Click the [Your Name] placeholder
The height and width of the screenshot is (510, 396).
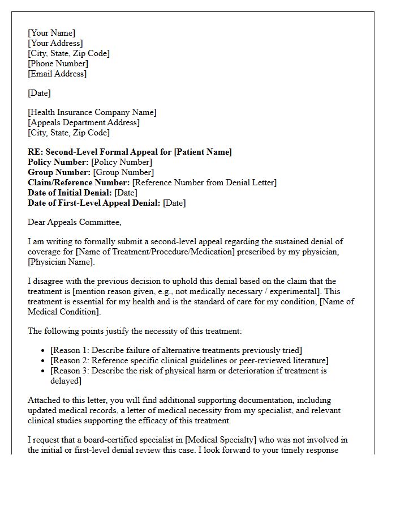tap(51, 33)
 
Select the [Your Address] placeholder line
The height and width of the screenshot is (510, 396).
tap(55, 43)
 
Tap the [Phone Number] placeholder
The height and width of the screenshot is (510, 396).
tap(58, 63)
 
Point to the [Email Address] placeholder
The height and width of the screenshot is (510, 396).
tap(57, 74)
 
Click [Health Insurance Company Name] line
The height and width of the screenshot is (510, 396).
tap(92, 112)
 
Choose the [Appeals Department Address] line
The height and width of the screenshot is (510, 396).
tap(84, 122)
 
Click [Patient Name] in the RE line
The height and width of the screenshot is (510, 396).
tap(203, 152)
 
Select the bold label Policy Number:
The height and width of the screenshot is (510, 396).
tap(58, 162)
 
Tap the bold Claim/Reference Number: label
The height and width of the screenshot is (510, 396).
tap(79, 182)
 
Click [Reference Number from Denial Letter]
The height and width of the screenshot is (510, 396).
tap(204, 182)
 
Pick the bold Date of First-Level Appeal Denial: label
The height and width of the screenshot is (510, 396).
tap(94, 203)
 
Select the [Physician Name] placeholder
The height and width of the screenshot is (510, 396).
tap(61, 262)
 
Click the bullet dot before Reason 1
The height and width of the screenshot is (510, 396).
tap(44, 351)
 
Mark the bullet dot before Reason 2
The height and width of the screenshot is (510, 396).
tap(44, 361)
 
